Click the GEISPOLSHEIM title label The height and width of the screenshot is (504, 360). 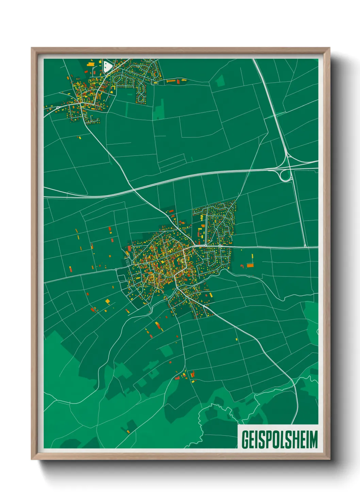tap(279, 440)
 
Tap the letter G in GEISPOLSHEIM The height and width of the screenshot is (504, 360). tap(245, 440)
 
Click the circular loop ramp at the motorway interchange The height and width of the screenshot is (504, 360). tap(285, 176)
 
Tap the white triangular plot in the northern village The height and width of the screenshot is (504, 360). tap(108, 66)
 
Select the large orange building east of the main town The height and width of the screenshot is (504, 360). tap(250, 265)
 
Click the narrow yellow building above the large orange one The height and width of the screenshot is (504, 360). tap(252, 257)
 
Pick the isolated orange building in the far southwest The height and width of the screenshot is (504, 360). tap(128, 432)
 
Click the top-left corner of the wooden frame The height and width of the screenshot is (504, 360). tap(32, 48)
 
